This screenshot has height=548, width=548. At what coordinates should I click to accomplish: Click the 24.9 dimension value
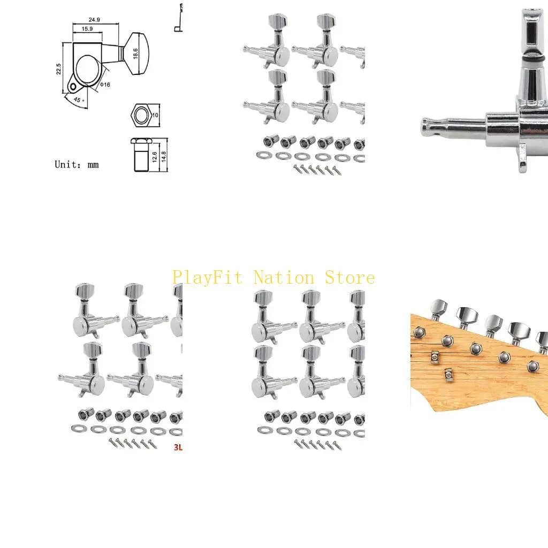[x=94, y=20]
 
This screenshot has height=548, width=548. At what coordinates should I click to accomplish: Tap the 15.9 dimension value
[x=87, y=29]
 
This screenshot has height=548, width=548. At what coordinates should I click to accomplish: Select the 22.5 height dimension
[x=59, y=69]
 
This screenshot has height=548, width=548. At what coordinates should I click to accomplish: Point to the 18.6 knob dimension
[x=135, y=54]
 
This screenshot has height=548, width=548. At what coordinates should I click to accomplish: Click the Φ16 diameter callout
[x=105, y=85]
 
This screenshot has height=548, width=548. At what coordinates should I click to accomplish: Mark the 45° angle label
[x=79, y=100]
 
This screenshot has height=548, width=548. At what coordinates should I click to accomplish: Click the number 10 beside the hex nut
[x=155, y=115]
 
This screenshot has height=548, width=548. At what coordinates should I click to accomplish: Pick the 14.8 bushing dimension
[x=164, y=157]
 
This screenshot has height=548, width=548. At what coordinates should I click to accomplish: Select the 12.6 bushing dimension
[x=155, y=157]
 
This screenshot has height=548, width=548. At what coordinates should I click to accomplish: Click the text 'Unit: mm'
[x=77, y=165]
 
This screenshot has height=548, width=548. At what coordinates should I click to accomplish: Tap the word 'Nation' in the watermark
[x=284, y=278]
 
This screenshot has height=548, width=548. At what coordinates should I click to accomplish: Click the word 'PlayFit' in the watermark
[x=207, y=278]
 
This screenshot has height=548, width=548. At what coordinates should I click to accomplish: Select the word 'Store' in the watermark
[x=350, y=278]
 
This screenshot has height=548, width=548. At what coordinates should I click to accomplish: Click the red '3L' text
[x=178, y=447]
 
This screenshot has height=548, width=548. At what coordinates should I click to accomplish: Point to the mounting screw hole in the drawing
[x=73, y=86]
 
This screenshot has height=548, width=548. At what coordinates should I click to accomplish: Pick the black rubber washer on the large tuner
[x=534, y=59]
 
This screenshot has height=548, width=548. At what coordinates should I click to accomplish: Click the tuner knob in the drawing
[x=136, y=54]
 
